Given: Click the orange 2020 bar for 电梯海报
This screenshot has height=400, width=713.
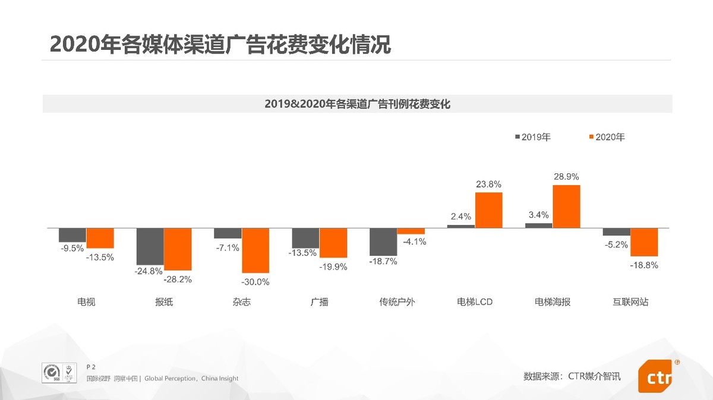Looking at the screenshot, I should click(x=566, y=207).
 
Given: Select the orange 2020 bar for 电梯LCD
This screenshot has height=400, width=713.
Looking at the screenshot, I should click(x=488, y=210).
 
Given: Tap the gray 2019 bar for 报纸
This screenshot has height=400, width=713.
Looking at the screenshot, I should click(x=150, y=246).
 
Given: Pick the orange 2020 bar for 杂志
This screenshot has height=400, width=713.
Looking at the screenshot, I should click(x=255, y=250).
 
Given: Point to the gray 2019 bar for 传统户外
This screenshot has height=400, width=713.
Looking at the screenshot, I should click(x=383, y=242).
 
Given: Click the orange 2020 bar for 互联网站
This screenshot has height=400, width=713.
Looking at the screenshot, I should click(x=644, y=242).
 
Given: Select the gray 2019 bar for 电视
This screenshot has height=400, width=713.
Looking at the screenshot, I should click(x=72, y=235).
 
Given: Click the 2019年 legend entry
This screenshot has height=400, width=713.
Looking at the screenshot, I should click(x=532, y=137).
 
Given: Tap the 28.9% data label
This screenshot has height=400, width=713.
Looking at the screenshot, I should click(x=566, y=177).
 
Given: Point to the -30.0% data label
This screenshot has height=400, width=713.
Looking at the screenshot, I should click(x=256, y=282).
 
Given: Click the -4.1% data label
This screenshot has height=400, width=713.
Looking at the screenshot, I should click(x=414, y=242).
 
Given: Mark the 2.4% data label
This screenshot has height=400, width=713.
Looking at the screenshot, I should click(x=460, y=217).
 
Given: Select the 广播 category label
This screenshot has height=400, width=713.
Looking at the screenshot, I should click(x=319, y=302).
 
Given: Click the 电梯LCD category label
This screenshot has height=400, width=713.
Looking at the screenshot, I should click(x=475, y=302).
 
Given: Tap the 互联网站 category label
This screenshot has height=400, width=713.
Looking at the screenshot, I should click(x=630, y=302).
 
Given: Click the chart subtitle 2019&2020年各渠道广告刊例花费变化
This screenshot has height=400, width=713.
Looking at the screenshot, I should click(x=357, y=104).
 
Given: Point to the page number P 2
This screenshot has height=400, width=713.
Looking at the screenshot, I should click(x=91, y=367).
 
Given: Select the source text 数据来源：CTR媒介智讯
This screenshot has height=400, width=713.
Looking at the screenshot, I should click(x=572, y=376).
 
